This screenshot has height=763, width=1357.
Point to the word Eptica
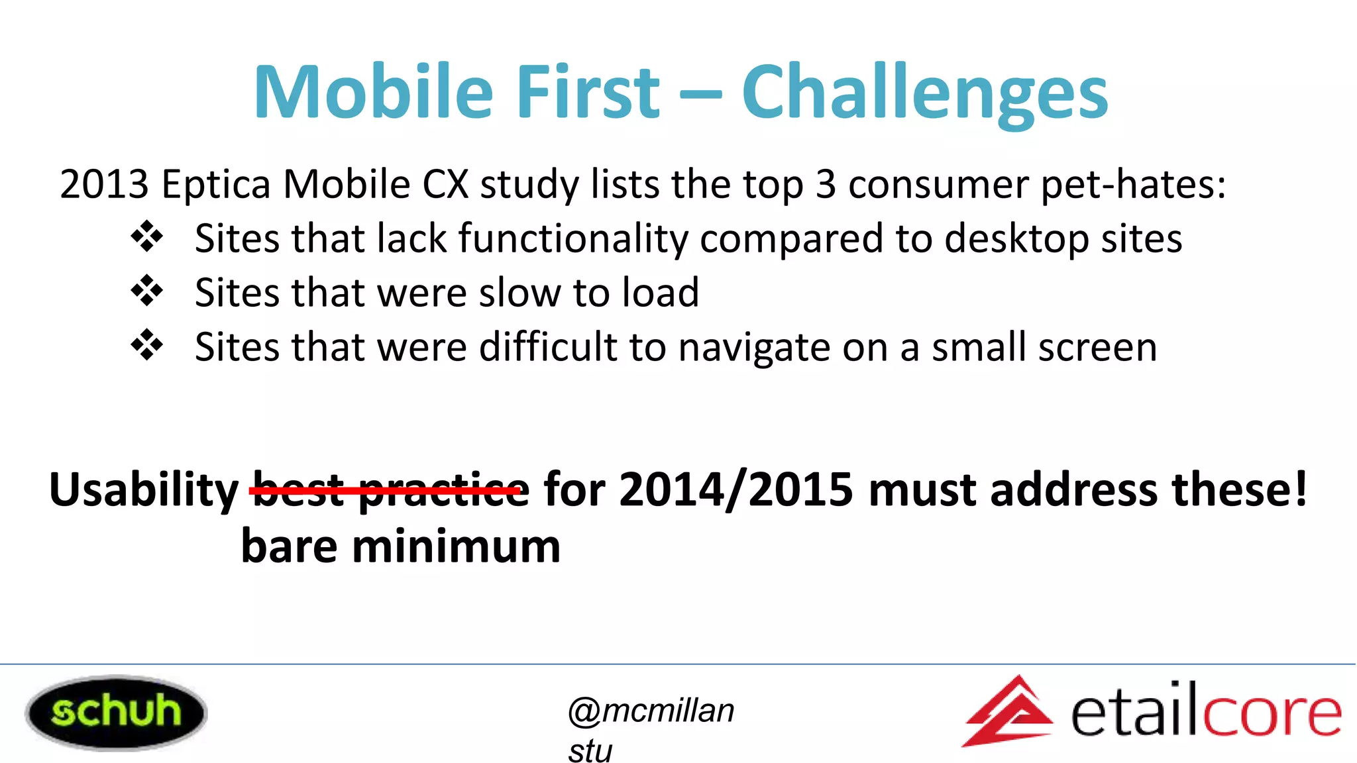[215, 185]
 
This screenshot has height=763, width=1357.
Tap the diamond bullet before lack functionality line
[146, 236]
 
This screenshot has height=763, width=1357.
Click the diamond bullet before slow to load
[146, 291]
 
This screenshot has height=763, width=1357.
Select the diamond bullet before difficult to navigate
[146, 345]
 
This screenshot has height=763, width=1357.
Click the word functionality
[573, 239]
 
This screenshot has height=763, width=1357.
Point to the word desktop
[1016, 239]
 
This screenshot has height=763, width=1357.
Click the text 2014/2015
[735, 490]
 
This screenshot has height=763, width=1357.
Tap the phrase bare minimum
[400, 546]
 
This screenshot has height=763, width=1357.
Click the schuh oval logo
[116, 713]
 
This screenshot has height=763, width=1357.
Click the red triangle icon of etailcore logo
[1008, 713]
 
